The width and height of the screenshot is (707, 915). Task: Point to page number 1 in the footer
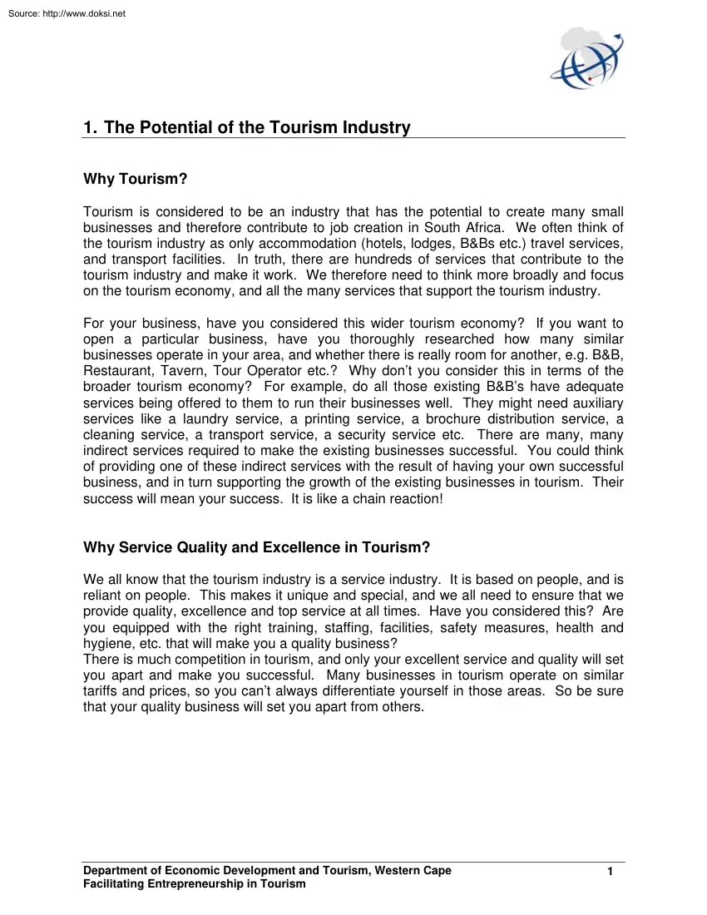click(x=611, y=872)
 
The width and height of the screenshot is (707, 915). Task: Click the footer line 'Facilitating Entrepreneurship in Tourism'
click(x=195, y=884)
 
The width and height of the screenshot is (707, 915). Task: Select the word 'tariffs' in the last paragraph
click(x=101, y=691)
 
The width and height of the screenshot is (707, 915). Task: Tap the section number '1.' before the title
click(x=91, y=127)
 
